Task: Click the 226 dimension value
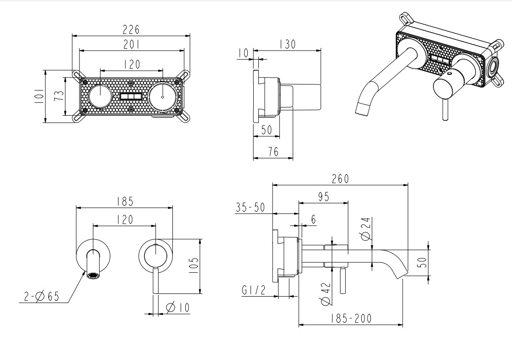(x=131, y=29)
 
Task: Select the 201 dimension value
(x=131, y=45)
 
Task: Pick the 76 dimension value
(x=273, y=152)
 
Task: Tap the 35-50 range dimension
(x=250, y=207)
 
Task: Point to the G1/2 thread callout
(x=253, y=291)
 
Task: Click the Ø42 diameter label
(x=325, y=293)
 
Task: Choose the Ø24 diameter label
(x=366, y=229)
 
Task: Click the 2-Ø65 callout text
(x=42, y=297)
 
